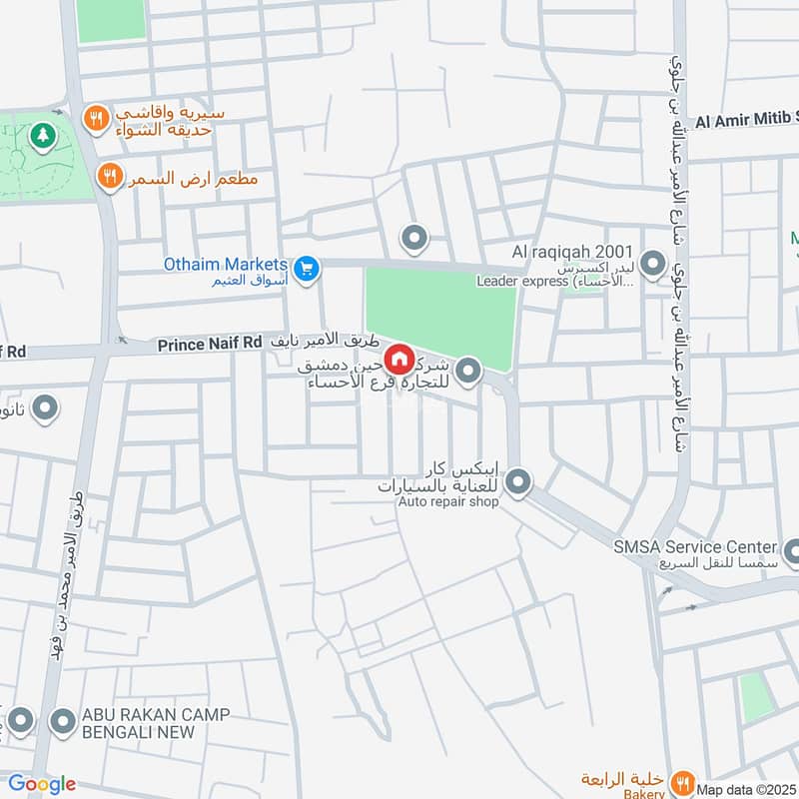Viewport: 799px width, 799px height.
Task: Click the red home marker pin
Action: [x=398, y=359]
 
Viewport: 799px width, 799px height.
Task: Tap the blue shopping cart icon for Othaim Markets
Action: [x=306, y=268]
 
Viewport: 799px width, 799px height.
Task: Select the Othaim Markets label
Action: [x=227, y=265]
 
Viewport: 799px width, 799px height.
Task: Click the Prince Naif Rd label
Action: [x=209, y=346]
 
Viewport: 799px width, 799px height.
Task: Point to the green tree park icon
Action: [x=42, y=134]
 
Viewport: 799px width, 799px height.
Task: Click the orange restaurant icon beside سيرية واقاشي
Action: [x=95, y=119]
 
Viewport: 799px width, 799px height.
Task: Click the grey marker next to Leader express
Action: [x=653, y=265]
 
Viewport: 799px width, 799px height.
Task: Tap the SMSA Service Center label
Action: [x=695, y=546]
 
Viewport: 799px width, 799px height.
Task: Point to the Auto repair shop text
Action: [x=447, y=501]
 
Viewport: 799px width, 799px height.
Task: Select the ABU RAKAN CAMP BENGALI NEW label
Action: [x=156, y=722]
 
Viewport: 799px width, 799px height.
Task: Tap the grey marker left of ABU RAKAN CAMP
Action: [x=64, y=720]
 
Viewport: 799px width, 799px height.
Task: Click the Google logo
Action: [x=42, y=784]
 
